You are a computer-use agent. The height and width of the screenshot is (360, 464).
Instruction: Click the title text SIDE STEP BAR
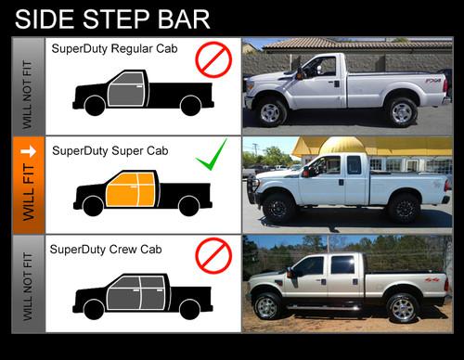pos(112,18)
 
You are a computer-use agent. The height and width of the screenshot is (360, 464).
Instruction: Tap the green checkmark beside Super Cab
pos(212,161)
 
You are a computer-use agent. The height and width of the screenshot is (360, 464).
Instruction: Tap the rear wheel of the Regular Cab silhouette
pos(190,106)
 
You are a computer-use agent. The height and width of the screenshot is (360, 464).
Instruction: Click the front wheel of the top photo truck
pos(271,112)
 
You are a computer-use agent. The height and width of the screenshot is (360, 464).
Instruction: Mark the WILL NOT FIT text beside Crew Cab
pos(27,282)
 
